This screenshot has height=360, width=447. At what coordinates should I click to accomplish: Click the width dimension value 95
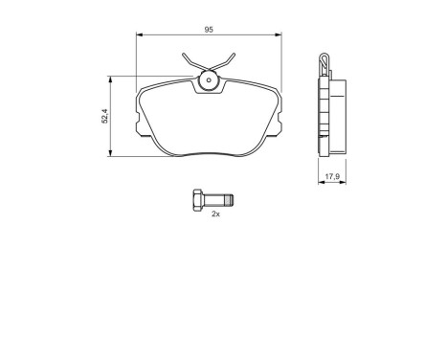coord(209,30)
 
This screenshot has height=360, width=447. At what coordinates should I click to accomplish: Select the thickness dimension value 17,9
coord(332,175)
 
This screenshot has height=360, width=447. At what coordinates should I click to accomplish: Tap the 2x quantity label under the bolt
coord(215,214)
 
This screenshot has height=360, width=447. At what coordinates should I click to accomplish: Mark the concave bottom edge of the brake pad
coord(209,154)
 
